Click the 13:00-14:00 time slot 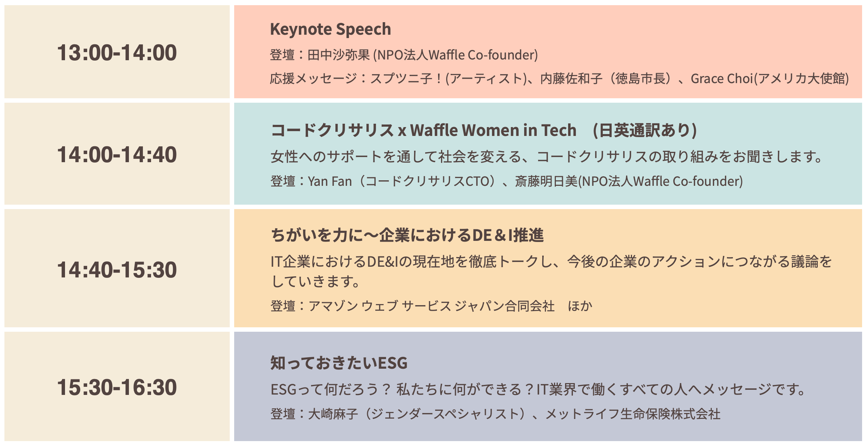[117, 52]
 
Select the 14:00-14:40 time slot [117, 154]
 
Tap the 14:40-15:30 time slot [117, 270]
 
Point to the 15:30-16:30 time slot [117, 387]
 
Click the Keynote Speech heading [330, 29]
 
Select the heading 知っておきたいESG [339, 363]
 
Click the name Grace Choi [721, 79]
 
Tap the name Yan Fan [329, 181]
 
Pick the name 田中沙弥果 [338, 55]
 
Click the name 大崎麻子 [333, 414]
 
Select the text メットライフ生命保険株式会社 [633, 414]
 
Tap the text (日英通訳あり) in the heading [645, 130]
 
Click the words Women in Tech [519, 130]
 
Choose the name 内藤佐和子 [571, 79]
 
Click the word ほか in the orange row [580, 306]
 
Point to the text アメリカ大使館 [801, 79]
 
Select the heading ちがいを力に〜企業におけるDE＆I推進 [407, 235]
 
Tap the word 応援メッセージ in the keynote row [313, 79]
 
